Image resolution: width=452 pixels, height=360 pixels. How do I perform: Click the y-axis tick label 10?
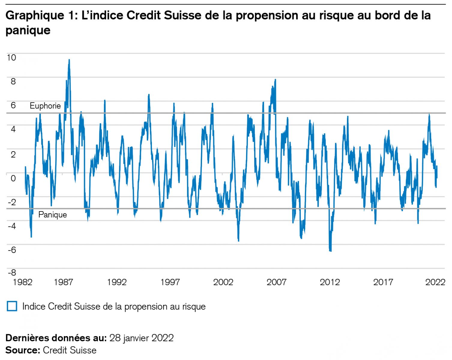11,57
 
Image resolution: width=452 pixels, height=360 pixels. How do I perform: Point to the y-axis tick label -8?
11,273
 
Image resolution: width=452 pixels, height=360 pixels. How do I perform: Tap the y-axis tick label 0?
13,178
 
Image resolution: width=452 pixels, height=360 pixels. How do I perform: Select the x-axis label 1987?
63,282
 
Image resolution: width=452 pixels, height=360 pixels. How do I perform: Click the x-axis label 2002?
223,282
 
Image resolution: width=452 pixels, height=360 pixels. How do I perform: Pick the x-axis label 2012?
330,282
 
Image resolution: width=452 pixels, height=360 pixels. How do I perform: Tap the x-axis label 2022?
435,282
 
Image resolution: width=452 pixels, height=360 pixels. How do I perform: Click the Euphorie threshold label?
45,106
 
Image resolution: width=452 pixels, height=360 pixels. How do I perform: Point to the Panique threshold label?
53,215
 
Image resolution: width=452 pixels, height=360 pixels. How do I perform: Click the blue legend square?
12,306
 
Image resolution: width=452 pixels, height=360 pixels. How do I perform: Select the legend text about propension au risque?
114,306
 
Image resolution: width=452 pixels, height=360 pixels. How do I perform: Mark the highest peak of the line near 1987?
69,60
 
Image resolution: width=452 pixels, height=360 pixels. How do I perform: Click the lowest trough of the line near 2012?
330,251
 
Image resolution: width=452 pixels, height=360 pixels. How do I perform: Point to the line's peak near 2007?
275,80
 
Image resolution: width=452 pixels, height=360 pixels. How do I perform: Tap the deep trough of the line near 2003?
239,241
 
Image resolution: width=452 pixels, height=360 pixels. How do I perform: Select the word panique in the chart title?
28,30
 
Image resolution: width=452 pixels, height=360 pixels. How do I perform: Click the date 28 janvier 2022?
141,338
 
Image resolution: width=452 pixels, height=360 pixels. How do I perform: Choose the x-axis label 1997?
170,282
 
